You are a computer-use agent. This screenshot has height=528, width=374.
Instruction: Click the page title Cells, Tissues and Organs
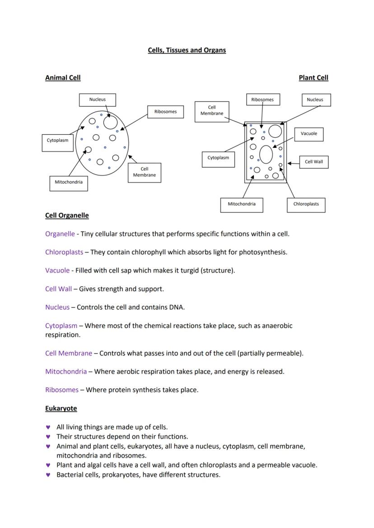tap(187, 50)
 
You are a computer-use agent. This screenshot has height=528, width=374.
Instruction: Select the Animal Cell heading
tap(63, 78)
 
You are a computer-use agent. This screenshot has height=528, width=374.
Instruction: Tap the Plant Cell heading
tap(313, 78)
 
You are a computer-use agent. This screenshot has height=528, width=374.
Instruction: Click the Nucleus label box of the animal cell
tap(98, 100)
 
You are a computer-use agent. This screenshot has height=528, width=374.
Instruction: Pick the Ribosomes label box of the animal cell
tap(166, 112)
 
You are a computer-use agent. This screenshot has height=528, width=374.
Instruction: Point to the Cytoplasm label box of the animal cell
tap(58, 143)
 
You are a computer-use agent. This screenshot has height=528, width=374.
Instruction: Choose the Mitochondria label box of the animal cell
tap(69, 184)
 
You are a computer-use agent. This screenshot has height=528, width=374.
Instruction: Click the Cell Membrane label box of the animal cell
tap(145, 173)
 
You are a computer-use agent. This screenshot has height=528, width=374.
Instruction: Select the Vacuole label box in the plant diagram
tap(309, 134)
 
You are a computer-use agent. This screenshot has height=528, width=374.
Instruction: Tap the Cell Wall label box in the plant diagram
tap(314, 162)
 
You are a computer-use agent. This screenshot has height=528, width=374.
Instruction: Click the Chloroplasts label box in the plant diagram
tap(306, 205)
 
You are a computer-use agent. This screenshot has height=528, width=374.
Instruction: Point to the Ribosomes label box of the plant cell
tap(263, 100)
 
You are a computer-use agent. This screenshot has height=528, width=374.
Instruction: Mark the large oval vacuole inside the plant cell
tap(266, 155)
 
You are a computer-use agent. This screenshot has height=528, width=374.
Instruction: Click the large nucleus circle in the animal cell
tap(111, 122)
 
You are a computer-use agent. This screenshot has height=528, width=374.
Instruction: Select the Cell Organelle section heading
tap(67, 216)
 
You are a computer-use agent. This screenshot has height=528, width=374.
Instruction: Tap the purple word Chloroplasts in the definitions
tap(64, 252)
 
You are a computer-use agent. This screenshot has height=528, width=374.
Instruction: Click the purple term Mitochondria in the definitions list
tap(66, 372)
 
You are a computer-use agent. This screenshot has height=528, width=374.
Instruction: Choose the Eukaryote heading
tap(61, 409)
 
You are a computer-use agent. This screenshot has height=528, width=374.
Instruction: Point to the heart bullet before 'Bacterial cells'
tap(48, 475)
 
